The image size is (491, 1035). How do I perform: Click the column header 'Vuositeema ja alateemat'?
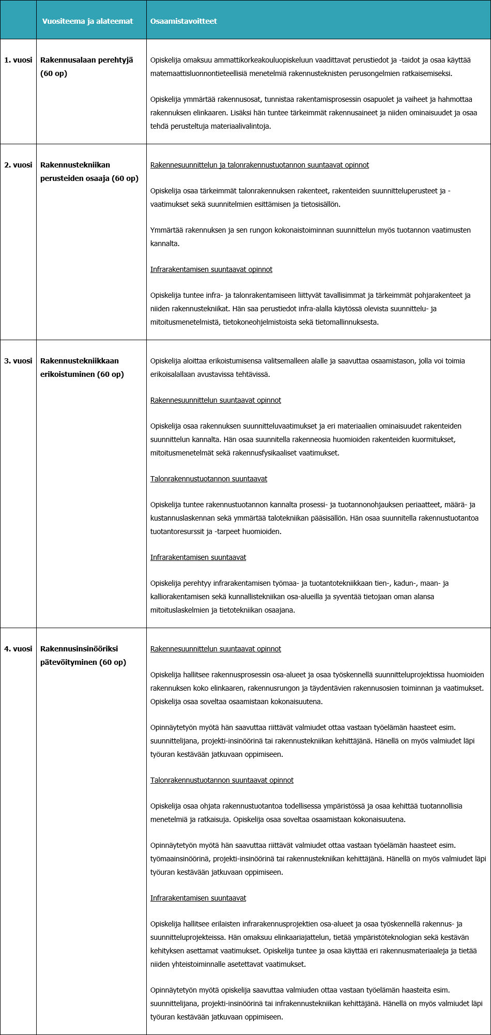[87, 21]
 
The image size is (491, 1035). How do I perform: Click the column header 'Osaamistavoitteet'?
[183, 21]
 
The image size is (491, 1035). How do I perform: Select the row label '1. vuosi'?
[18, 60]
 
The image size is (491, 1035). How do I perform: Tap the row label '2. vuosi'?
[18, 165]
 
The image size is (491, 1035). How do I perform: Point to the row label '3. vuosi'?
[18, 361]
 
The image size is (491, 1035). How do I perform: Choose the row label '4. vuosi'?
[18, 649]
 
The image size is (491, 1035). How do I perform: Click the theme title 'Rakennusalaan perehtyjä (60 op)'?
[86, 67]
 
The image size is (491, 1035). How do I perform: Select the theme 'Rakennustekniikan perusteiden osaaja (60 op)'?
[89, 172]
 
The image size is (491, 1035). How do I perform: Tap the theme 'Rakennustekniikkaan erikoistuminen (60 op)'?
[82, 368]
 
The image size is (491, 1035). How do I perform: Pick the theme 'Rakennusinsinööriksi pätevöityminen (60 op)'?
[83, 656]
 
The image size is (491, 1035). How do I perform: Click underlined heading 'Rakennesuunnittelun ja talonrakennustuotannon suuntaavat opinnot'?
[259, 165]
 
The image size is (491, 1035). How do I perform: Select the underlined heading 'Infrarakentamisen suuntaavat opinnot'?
[211, 269]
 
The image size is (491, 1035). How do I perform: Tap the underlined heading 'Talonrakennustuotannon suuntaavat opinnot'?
[222, 780]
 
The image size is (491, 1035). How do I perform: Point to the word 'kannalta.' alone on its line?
[165, 243]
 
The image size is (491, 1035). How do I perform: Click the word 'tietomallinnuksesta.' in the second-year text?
[345, 322]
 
